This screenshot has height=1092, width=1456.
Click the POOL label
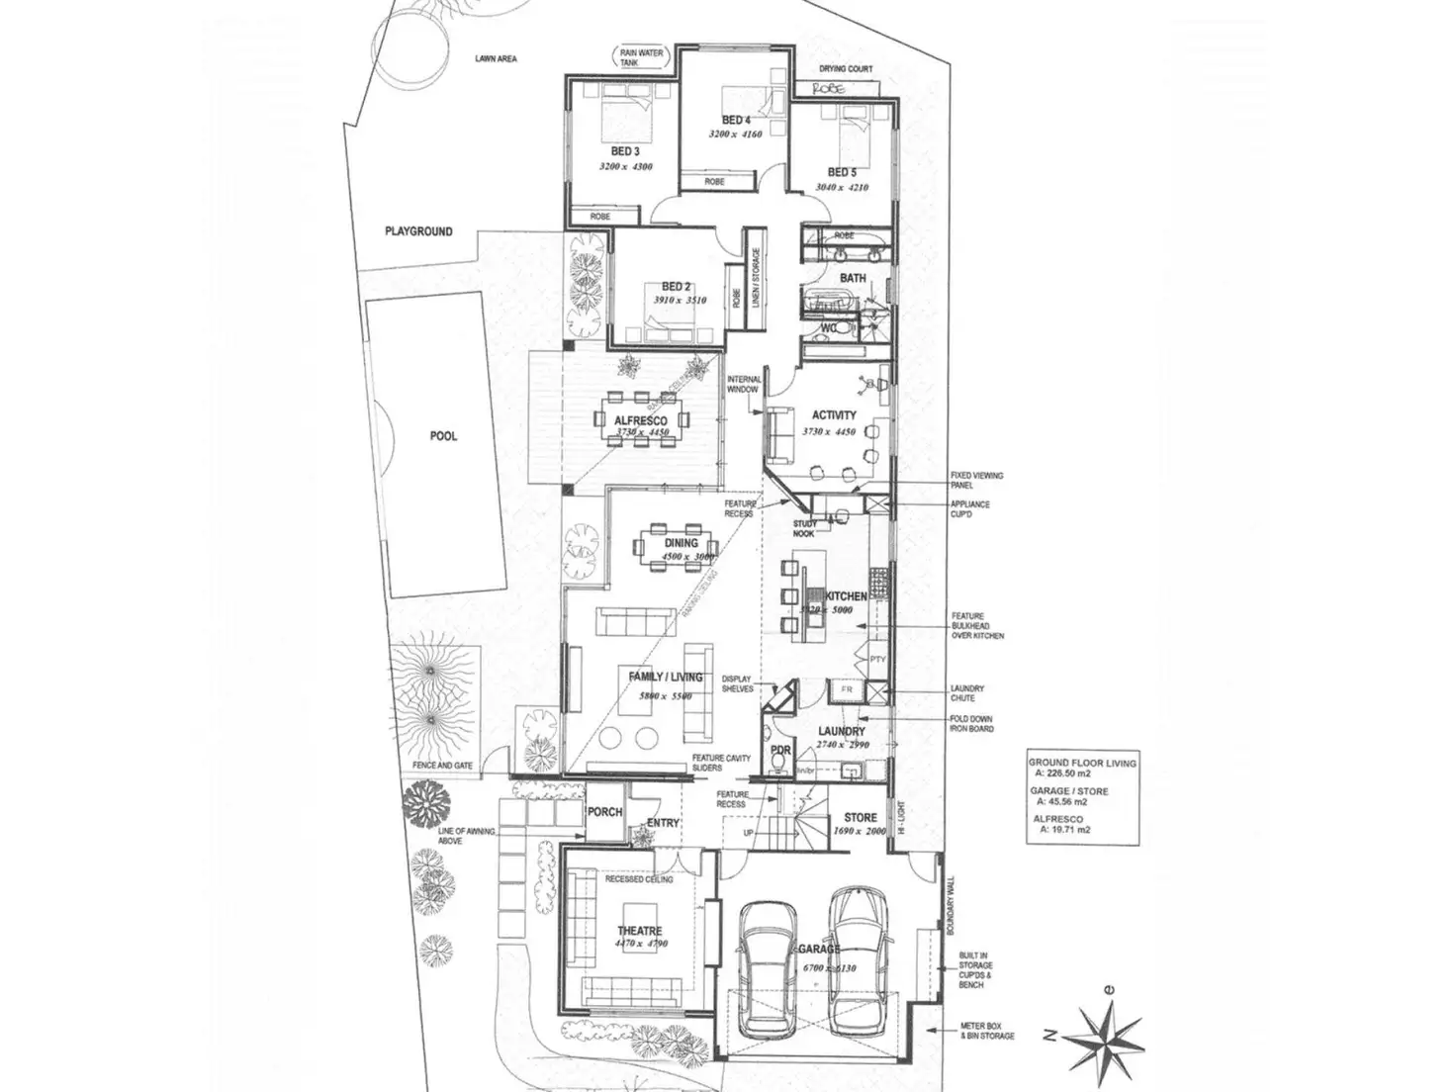coord(443,436)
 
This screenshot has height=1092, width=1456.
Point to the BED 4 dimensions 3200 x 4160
coord(736,135)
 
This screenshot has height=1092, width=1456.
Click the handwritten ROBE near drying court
coord(832,88)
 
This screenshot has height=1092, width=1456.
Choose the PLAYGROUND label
coord(418,231)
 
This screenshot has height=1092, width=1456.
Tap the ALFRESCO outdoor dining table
coord(643,419)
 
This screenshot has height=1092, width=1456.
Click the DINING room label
coord(681,543)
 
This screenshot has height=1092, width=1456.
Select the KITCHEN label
coord(846,596)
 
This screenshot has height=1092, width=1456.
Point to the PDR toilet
coord(780,770)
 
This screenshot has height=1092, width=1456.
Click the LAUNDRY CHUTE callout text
coord(968,692)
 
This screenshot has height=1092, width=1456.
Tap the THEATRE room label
coord(639,930)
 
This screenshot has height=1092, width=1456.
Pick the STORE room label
coord(860,818)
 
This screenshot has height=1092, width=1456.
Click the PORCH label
coord(604,812)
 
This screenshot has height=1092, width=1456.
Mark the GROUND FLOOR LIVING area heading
coord(1082,763)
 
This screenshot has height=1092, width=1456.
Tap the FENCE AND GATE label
coord(438,768)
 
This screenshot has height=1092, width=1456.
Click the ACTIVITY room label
coord(834,415)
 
